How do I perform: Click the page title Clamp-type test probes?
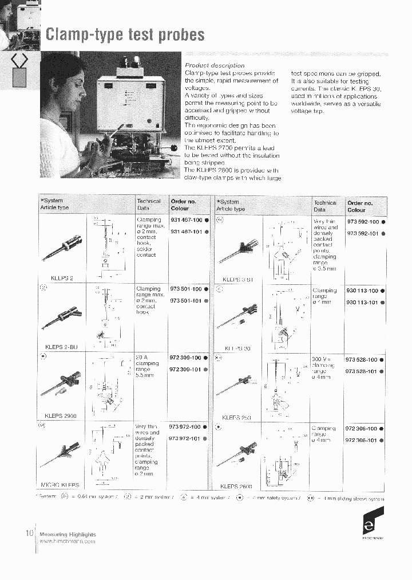[x=125, y=34]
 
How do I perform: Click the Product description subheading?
[x=214, y=65]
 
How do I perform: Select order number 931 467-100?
[x=186, y=220]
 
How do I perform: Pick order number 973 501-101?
[x=186, y=301]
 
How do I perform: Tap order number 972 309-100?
[x=185, y=358]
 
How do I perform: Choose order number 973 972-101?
[x=185, y=438]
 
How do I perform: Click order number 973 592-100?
[x=362, y=221]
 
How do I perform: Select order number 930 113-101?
[x=362, y=302]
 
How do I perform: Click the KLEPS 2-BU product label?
[x=61, y=347]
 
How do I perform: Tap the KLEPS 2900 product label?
[x=61, y=416]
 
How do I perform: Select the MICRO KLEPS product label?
[x=60, y=485]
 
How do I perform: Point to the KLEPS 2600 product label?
[x=236, y=486]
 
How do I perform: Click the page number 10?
[x=30, y=533]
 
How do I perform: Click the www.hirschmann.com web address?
[x=68, y=542]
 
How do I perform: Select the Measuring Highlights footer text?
[x=68, y=534]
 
